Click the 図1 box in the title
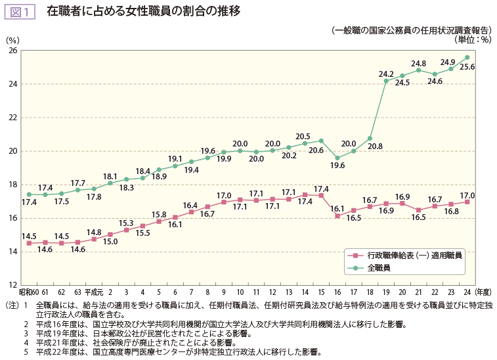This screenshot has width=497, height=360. pos(20,11)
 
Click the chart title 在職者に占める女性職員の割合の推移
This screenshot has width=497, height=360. pos(143,11)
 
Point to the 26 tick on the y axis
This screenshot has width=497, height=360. pos(13,51)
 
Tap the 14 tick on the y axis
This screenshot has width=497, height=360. pos(13,252)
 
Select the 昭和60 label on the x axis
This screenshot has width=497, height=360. pos(29,292)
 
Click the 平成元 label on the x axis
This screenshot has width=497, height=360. pos(94,292)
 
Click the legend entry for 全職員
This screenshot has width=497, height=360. pos(379,268)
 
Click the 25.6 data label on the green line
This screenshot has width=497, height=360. pos(467,67)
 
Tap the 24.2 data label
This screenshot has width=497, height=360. pos(386,74)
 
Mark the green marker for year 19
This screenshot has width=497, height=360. pos(386,81)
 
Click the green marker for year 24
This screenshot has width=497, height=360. pos(467,57)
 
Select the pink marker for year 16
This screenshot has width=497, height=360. pos(337,215)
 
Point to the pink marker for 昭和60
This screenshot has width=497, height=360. pos(29,243)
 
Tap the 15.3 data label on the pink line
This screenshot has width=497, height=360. pos(126,223)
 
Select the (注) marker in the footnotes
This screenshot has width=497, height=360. pos(12,305)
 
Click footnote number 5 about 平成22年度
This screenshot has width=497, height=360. pos(26,352)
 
